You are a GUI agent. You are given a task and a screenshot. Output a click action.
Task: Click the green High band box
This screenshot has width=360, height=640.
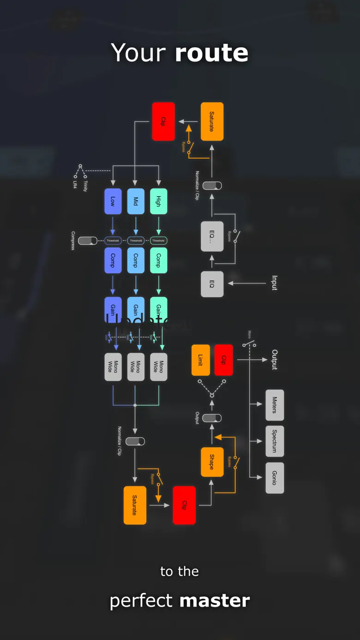158,201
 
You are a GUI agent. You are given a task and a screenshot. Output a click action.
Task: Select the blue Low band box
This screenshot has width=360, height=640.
113,201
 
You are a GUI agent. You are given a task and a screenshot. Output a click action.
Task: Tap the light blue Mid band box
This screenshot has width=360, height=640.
136,201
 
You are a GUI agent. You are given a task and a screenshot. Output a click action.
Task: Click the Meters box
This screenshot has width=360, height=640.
275,405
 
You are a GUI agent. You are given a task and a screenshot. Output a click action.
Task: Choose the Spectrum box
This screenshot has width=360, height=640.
275,441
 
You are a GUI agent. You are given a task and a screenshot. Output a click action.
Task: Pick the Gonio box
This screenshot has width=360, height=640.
275,478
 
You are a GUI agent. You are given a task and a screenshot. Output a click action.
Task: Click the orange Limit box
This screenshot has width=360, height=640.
200,360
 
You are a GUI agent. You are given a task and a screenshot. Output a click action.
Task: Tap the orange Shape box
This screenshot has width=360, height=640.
212,462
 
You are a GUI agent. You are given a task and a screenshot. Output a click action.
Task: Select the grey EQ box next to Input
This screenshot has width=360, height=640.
212,284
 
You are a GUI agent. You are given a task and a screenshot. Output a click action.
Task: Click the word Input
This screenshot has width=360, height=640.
275,283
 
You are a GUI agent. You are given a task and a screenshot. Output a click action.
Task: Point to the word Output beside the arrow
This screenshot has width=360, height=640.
275,359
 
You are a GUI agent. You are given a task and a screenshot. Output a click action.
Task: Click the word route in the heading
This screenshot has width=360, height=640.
212,53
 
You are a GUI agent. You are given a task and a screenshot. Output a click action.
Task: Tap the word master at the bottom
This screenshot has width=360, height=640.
215,601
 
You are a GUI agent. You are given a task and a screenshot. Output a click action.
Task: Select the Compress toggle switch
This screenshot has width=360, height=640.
87,241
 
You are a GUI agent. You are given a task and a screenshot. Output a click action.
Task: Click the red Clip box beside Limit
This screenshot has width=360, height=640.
223,360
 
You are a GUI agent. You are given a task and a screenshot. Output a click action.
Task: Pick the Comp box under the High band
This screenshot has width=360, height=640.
158,261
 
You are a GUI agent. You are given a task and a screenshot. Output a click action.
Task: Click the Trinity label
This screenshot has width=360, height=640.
85,186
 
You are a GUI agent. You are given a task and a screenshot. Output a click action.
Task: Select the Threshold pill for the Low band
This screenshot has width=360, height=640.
113,241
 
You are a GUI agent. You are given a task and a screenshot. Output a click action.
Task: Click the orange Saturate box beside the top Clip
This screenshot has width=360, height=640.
212,121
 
